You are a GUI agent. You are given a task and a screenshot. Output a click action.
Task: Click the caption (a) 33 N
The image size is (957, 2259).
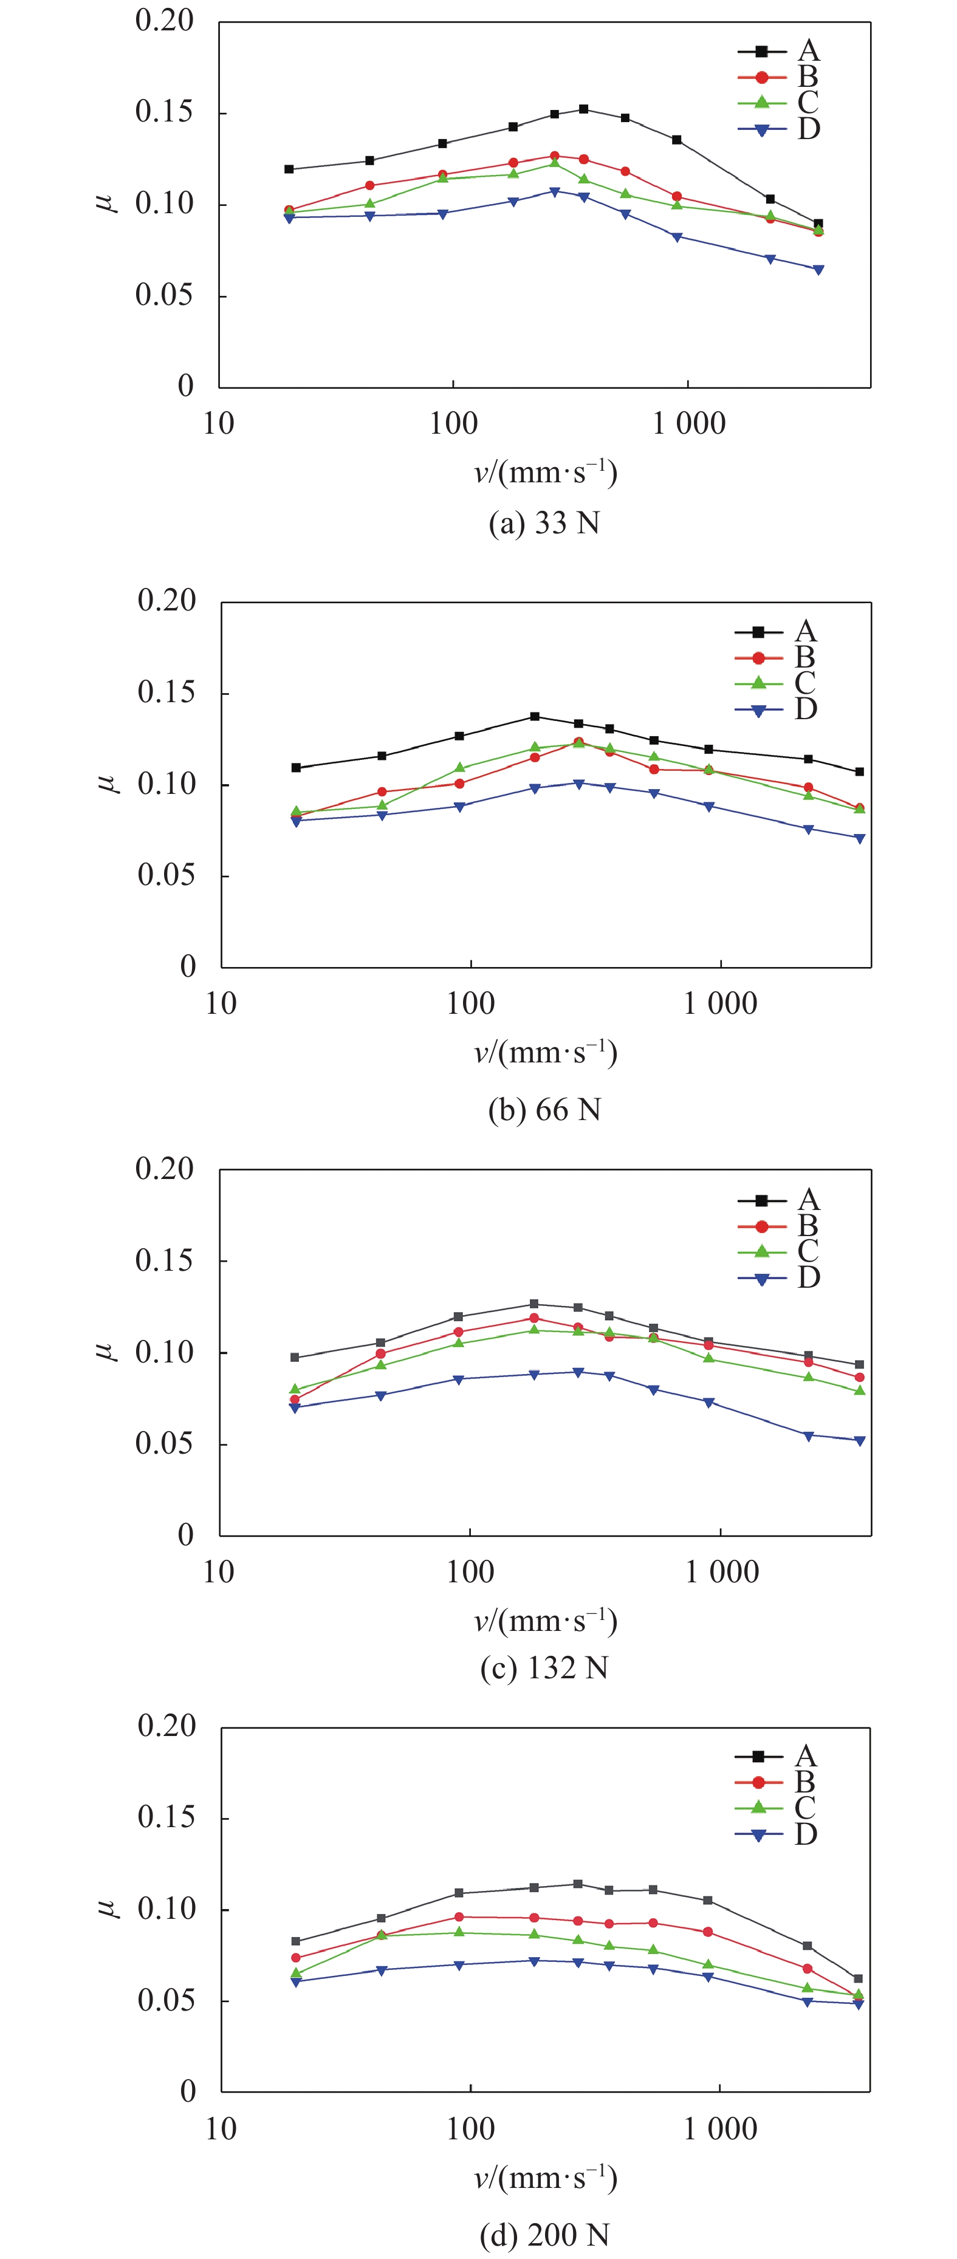[544, 524]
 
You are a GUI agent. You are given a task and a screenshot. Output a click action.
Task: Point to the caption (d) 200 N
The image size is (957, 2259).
[544, 2235]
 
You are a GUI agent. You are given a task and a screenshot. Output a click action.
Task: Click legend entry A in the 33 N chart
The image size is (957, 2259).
[779, 52]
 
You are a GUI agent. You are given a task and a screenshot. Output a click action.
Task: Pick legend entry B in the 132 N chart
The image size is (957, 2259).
[779, 1226]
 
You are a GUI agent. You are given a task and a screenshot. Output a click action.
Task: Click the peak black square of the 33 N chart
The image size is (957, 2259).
[583, 109]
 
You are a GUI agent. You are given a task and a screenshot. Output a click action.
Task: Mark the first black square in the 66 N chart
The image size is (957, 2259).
[297, 767]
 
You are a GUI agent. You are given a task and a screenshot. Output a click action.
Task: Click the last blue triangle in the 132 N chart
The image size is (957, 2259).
[860, 1441]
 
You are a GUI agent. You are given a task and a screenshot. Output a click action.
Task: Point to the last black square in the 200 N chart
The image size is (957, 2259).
[858, 1978]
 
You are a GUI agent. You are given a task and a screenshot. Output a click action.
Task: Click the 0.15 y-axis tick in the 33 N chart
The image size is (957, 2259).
[164, 112]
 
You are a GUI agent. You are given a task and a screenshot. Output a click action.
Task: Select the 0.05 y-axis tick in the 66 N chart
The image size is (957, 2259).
[166, 875]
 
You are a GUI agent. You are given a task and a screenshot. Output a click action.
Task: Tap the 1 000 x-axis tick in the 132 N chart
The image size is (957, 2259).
[721, 1571]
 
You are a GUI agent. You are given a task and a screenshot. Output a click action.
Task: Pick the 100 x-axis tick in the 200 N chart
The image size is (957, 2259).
[470, 2128]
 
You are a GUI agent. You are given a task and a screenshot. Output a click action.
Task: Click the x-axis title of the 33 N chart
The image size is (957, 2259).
[546, 473]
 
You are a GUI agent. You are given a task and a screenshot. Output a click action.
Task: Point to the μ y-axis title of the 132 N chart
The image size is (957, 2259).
[106, 1350]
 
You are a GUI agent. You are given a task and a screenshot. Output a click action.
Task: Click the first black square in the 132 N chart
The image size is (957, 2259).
[295, 1358]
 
